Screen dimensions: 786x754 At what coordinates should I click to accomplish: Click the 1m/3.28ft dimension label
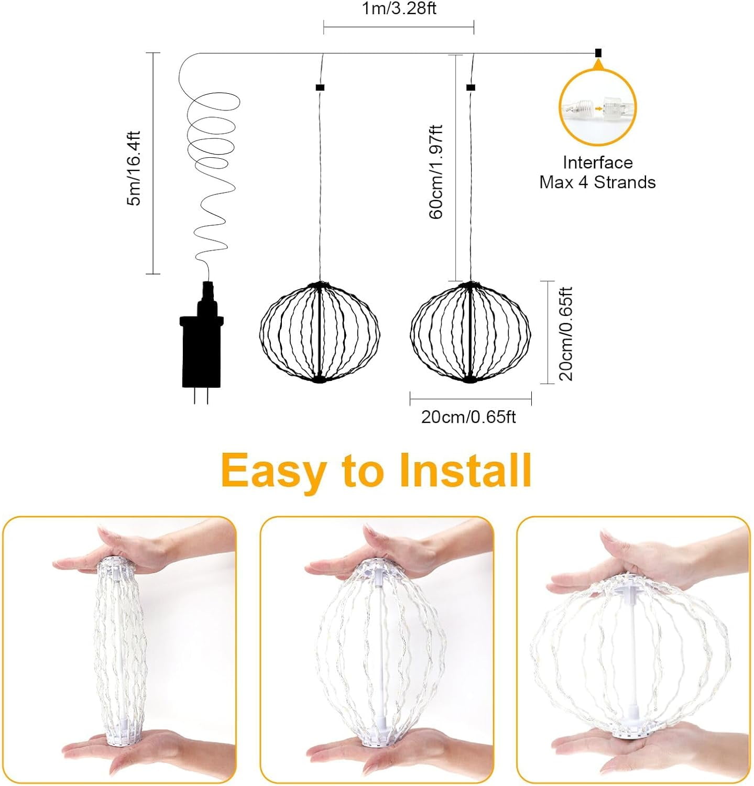[399, 9]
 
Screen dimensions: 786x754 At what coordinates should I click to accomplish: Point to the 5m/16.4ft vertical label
[134, 168]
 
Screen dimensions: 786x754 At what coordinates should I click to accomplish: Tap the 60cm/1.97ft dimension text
[436, 172]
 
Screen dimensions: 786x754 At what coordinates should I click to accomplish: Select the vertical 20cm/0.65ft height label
[566, 333]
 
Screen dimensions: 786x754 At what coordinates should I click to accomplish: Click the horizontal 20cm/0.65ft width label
[468, 417]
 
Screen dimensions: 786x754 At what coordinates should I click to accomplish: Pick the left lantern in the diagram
[319, 332]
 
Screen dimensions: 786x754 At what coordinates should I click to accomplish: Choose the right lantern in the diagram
[470, 332]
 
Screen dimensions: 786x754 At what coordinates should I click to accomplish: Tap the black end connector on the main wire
[598, 53]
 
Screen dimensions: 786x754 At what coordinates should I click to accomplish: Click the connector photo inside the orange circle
[597, 108]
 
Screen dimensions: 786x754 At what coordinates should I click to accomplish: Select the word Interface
[597, 162]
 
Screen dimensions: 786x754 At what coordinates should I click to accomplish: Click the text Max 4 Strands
[597, 182]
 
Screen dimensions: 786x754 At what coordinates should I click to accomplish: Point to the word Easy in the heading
[272, 470]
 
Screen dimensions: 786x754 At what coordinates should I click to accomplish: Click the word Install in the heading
[465, 470]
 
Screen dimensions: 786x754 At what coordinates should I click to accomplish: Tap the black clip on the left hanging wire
[320, 88]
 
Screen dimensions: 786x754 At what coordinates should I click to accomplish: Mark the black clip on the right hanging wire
[471, 88]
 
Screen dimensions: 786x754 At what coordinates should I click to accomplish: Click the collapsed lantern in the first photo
[120, 650]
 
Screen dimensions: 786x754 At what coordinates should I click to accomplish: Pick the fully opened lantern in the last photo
[630, 655]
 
